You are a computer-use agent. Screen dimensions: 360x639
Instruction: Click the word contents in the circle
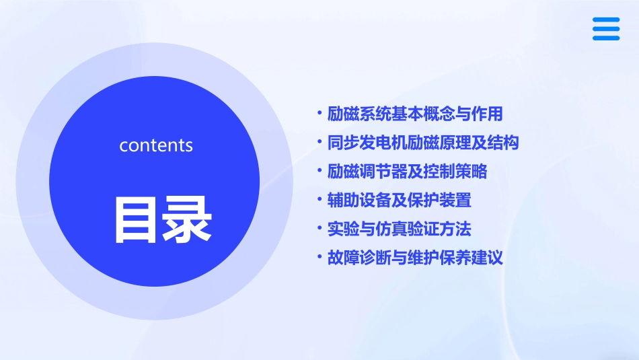[x=156, y=145]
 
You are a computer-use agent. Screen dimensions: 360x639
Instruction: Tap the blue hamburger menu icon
[x=606, y=29]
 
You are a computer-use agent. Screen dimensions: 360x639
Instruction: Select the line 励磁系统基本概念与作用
[x=414, y=114]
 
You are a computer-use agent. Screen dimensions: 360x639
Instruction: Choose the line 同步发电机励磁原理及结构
[x=422, y=143]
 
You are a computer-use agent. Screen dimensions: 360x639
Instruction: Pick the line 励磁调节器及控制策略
[x=407, y=171]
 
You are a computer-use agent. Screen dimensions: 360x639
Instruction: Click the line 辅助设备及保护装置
[x=399, y=200]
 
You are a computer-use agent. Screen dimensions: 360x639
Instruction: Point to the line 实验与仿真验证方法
[x=399, y=229]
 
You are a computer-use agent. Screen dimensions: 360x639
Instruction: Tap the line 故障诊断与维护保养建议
[x=414, y=257]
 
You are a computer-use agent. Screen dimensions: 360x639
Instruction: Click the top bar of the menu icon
[x=606, y=20]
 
